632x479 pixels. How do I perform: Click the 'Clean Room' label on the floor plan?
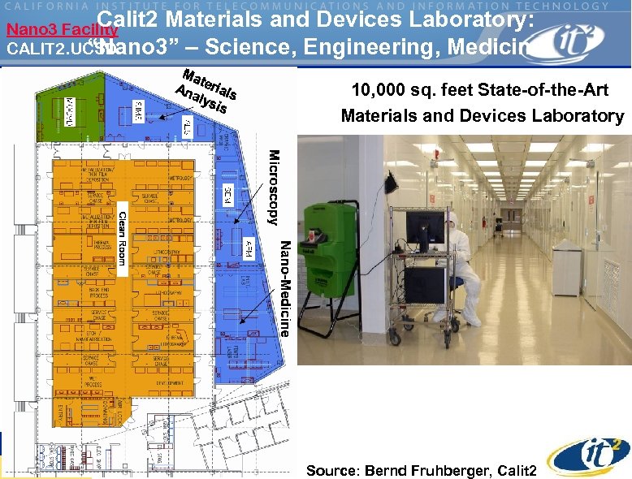tap(122, 242)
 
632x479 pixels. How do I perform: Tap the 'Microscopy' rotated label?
tap(274, 188)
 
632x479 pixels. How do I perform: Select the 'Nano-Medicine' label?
tap(284, 288)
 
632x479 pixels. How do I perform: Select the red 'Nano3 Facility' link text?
tap(62, 31)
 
